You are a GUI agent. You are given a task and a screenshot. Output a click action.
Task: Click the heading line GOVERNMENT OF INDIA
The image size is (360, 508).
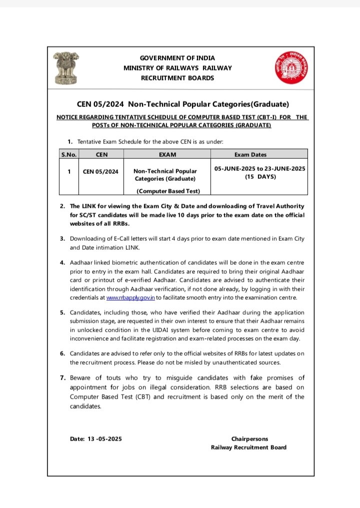(x=177, y=58)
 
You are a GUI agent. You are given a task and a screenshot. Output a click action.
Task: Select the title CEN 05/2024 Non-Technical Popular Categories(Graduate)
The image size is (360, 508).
(x=183, y=104)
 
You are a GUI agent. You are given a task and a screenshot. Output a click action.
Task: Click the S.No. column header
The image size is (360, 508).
(x=69, y=155)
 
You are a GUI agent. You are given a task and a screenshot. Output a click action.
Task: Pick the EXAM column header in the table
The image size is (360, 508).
(x=166, y=155)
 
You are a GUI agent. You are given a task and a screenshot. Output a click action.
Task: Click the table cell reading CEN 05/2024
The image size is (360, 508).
(x=101, y=171)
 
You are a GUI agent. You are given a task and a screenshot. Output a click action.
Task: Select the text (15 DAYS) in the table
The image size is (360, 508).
(x=259, y=177)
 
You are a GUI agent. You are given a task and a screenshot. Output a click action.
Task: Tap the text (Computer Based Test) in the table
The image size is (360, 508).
(x=168, y=191)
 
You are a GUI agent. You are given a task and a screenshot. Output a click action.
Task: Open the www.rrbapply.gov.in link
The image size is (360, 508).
(x=130, y=298)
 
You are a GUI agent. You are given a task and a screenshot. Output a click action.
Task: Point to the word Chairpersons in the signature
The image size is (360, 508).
(x=249, y=439)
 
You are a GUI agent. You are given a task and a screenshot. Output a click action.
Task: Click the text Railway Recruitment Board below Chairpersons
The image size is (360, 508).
(x=248, y=447)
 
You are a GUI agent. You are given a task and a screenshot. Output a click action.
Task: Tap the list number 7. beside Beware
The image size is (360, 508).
(x=62, y=378)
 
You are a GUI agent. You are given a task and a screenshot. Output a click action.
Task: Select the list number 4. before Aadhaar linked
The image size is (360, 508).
(x=62, y=262)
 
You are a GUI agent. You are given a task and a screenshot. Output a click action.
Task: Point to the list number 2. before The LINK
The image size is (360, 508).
(x=62, y=206)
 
